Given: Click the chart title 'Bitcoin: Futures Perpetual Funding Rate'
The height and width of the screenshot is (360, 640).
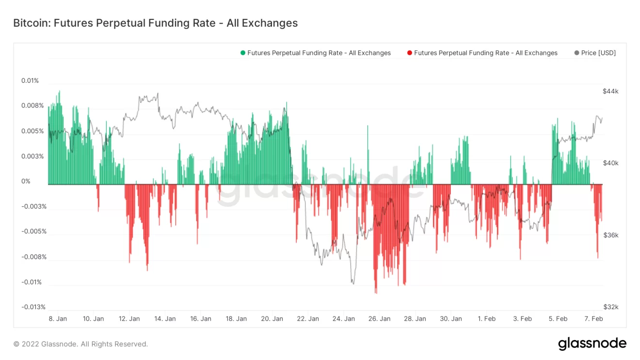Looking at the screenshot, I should point(155,23).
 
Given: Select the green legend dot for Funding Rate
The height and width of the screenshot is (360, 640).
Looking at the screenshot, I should point(243,53).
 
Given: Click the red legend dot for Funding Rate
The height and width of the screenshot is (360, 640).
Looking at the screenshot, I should point(410,53).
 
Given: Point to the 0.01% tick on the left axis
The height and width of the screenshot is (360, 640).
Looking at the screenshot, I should point(30,80).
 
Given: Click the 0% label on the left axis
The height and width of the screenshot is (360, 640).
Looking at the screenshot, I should point(26,181).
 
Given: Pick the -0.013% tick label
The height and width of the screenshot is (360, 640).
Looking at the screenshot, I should point(33,307).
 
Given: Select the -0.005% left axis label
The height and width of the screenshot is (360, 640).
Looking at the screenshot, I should point(33,231).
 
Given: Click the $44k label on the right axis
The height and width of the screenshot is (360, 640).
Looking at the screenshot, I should point(610,91).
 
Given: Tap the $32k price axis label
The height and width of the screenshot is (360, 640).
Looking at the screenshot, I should point(610,307).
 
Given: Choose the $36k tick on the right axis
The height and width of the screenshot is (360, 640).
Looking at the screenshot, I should point(610,235).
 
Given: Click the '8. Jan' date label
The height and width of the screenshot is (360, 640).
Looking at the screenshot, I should point(58,318).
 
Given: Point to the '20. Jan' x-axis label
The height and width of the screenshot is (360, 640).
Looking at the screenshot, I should point(272,318).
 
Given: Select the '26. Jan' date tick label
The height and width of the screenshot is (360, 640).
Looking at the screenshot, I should point(379,318).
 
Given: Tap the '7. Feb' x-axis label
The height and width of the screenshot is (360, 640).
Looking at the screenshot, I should point(593,318).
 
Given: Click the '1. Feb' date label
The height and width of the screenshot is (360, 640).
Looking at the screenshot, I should point(486,318).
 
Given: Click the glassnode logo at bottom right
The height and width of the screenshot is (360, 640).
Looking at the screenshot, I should point(592,344).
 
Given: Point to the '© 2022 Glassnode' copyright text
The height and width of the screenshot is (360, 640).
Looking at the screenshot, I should point(80,344).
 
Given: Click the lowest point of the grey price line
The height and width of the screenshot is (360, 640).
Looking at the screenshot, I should point(353,283).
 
